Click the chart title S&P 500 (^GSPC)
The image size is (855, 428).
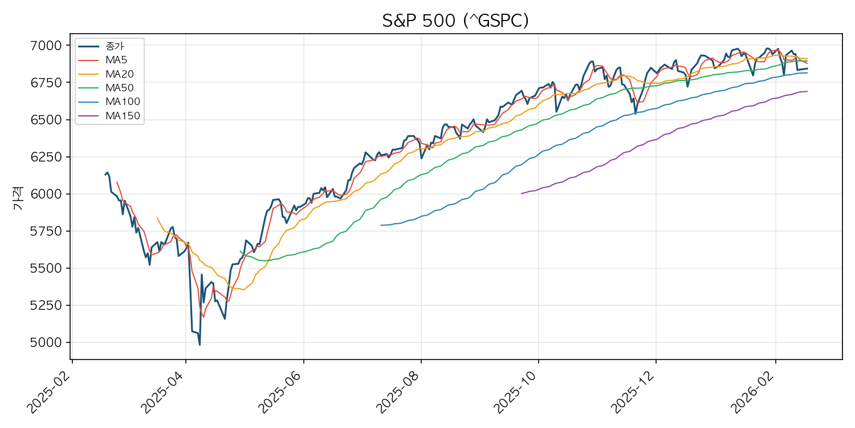click(455, 21)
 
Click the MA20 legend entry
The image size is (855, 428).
click(116, 74)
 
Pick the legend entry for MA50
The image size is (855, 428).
click(116, 88)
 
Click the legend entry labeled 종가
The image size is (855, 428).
click(114, 46)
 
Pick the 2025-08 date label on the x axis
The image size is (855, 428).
click(398, 389)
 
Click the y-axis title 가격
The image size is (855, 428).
click(18, 201)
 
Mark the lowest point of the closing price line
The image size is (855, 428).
click(199, 345)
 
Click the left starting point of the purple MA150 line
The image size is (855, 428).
click(522, 193)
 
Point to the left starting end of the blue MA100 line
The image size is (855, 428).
click(381, 225)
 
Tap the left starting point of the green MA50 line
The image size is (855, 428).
click(240, 251)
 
